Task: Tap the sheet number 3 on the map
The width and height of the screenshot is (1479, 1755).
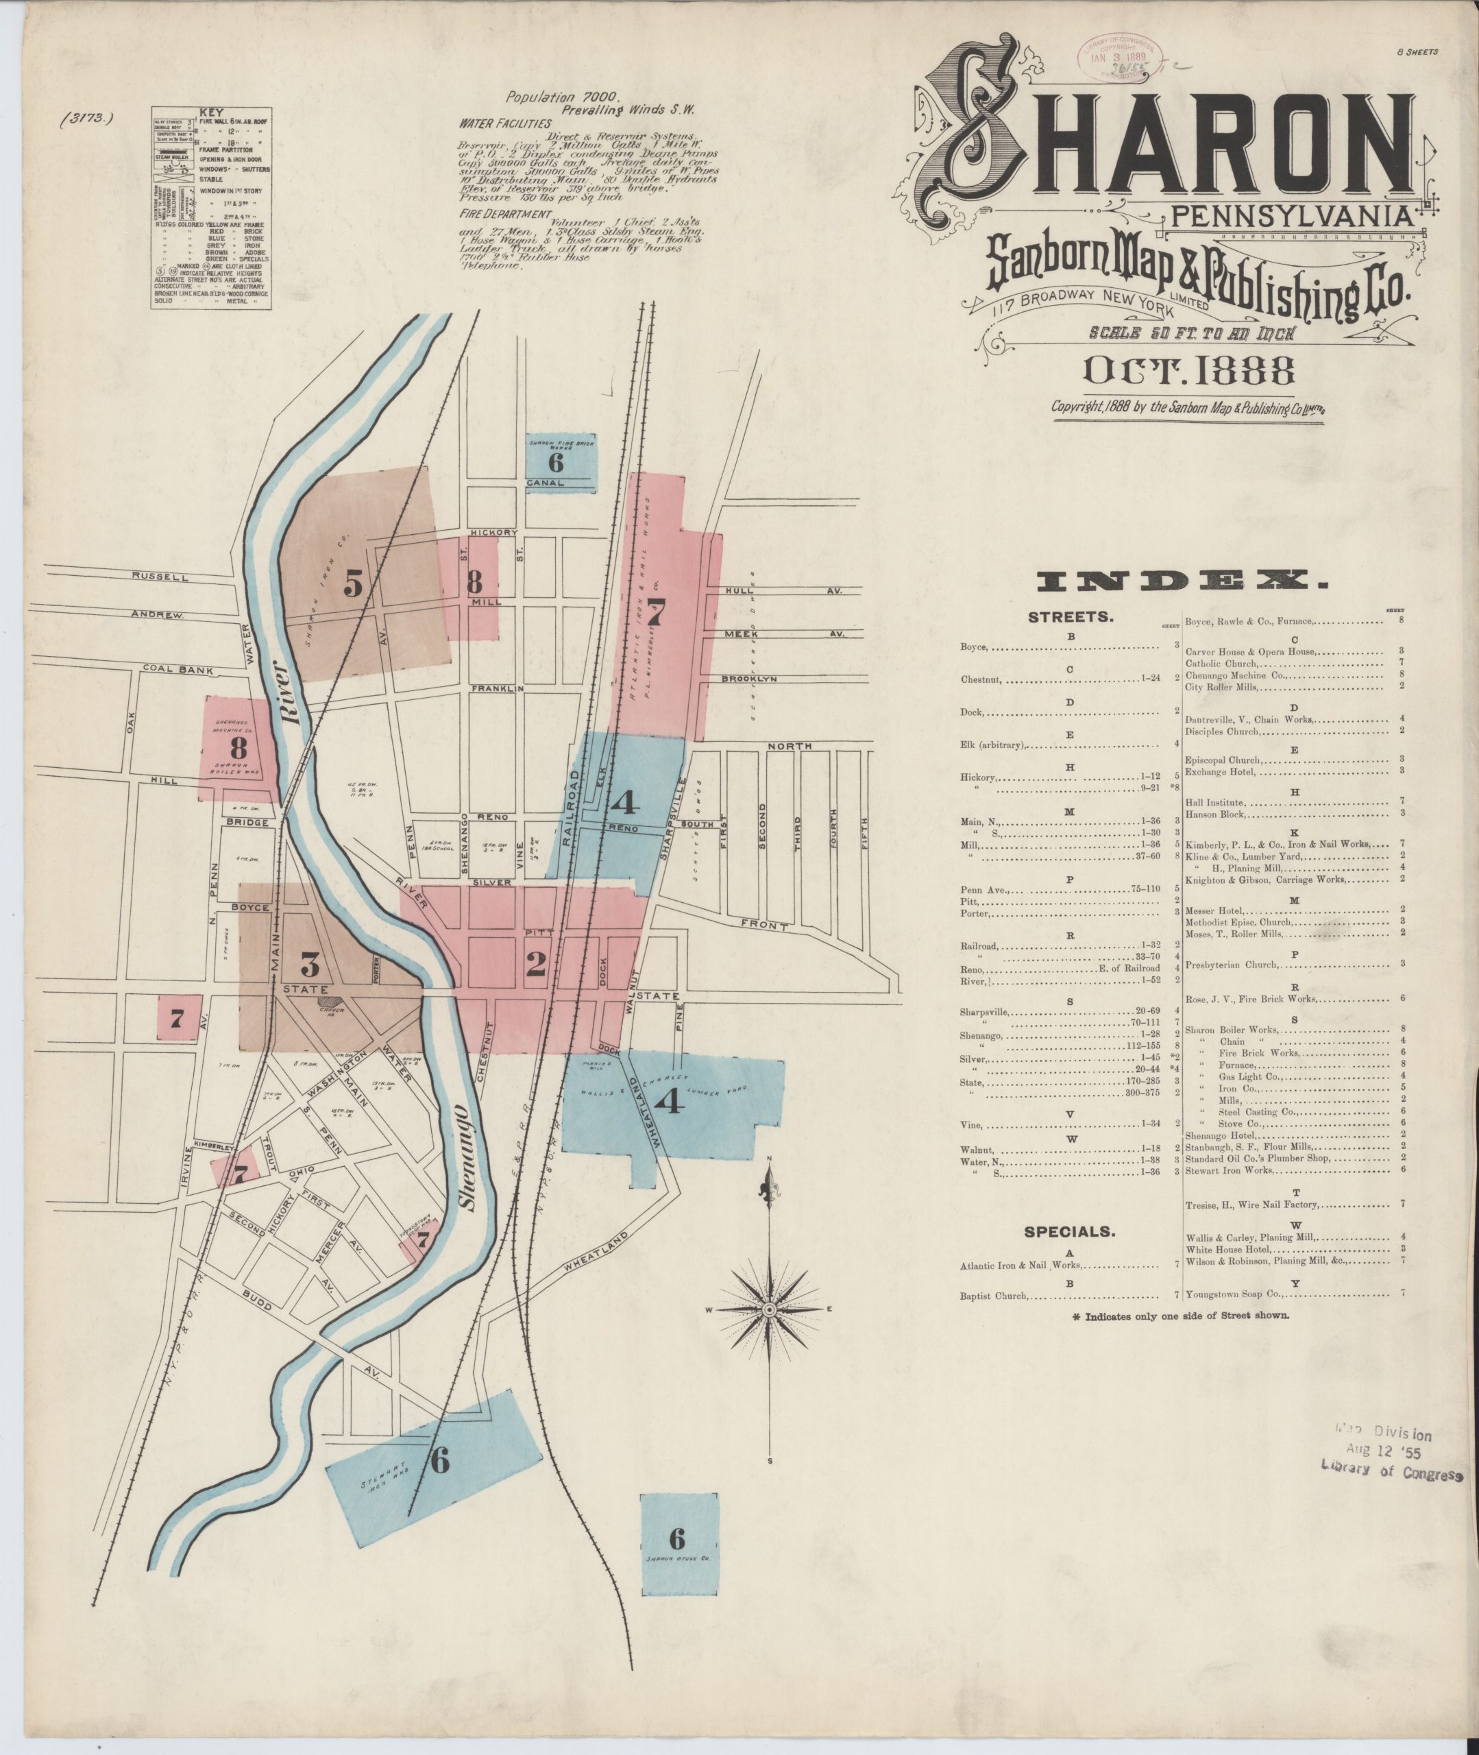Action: click(x=310, y=966)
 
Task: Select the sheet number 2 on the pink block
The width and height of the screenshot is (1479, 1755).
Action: click(x=535, y=965)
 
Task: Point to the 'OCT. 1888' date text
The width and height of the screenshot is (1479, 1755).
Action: click(x=1187, y=372)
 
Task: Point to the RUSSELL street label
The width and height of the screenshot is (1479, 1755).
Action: click(x=159, y=577)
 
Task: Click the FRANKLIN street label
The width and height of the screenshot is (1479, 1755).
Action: click(x=496, y=688)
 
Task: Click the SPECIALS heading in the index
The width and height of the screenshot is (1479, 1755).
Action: click(x=1069, y=1232)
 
